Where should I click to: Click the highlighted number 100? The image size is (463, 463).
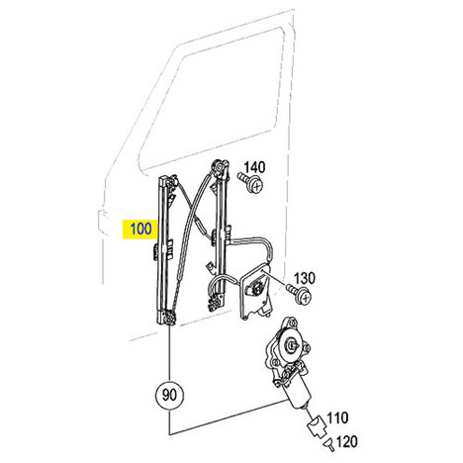pos(140,229)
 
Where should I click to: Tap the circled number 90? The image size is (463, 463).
pos(169,395)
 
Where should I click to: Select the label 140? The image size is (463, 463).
pos(254,167)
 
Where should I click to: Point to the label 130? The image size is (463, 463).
pos(304,278)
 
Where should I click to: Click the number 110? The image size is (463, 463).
pos(337,418)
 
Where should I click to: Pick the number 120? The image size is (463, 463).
pos(346,441)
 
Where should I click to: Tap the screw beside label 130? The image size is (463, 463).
pos(299,295)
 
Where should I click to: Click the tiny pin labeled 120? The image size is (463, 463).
pos(329,444)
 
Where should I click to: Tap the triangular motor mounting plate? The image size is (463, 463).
pos(255,292)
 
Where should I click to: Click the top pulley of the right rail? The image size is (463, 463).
pos(220,166)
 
